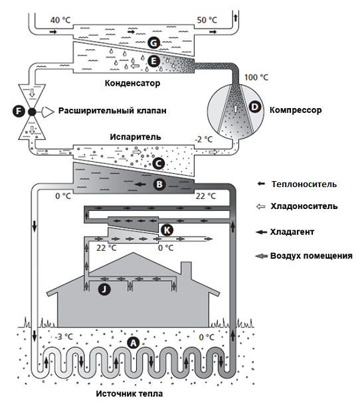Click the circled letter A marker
(x=132, y=342)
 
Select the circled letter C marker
(x=158, y=163)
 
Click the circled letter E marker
(x=153, y=60)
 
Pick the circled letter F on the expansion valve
(x=17, y=111)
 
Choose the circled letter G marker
(x=153, y=43)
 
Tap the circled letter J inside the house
(x=104, y=289)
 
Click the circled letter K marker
(x=167, y=230)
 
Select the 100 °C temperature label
(x=257, y=78)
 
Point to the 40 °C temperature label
(x=60, y=20)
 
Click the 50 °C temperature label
(x=207, y=20)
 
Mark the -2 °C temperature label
(x=203, y=139)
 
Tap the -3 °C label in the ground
(x=63, y=336)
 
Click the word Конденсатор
(x=133, y=84)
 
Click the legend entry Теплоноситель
(x=304, y=184)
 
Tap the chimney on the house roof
(x=186, y=271)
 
